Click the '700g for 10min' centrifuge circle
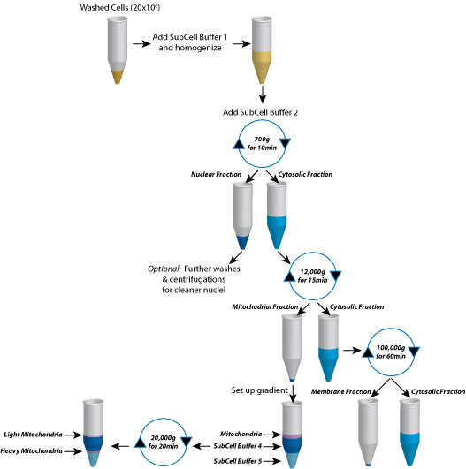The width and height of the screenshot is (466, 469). pyautogui.click(x=263, y=145)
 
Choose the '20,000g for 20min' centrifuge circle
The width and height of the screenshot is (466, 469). pyautogui.click(x=164, y=439)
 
